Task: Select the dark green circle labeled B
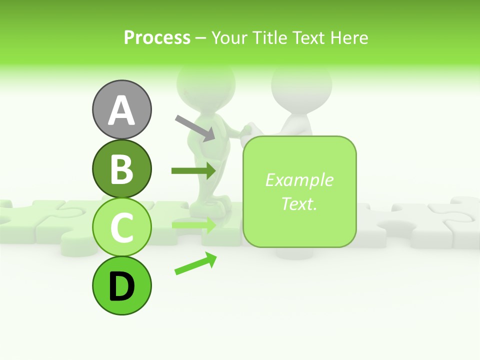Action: click(x=121, y=169)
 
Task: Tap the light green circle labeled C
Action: click(x=121, y=227)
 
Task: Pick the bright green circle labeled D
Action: click(x=121, y=285)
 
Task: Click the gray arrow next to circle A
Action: click(x=195, y=128)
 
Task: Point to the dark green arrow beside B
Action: click(x=193, y=171)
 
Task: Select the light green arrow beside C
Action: click(x=193, y=225)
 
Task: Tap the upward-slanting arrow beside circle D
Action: click(x=195, y=263)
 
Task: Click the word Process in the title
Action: click(x=157, y=37)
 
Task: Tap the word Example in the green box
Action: click(x=299, y=180)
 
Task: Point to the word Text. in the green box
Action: click(x=299, y=203)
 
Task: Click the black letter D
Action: click(x=121, y=286)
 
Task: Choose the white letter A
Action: click(x=121, y=110)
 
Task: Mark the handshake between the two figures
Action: click(x=246, y=130)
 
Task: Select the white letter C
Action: click(x=121, y=227)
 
